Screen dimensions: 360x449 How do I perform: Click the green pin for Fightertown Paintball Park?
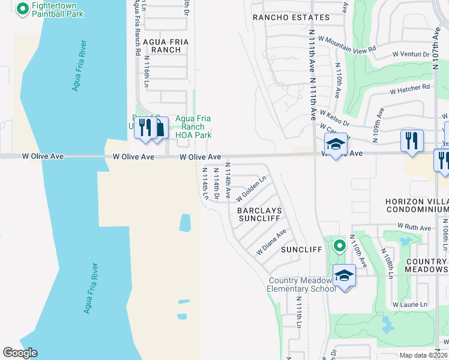point(23,9)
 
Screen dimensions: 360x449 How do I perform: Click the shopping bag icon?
point(160,128)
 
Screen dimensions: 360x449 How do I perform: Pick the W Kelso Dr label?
point(334,114)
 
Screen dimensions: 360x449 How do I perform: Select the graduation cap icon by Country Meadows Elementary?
point(345,275)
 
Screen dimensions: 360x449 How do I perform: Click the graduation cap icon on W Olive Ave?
point(336,144)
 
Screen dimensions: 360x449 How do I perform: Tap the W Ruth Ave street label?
point(414,228)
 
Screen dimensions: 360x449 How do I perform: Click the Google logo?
point(20,353)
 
